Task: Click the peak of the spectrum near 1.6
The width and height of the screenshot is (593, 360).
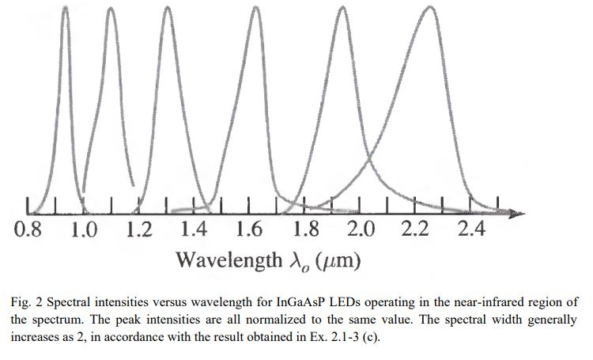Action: point(256,9)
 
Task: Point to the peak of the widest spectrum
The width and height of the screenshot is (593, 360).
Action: point(429,7)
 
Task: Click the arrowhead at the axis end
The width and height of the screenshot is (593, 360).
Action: point(518,214)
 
